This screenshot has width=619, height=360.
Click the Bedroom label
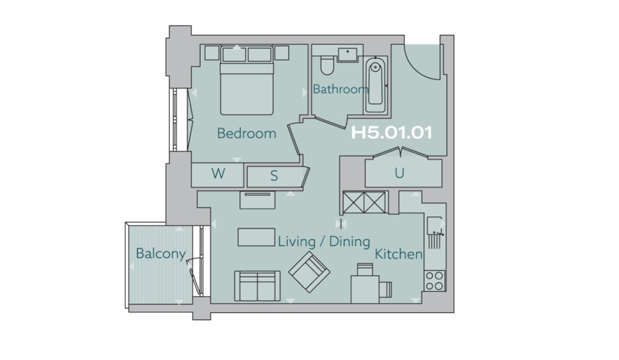click(247, 134)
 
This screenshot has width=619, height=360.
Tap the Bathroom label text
click(341, 89)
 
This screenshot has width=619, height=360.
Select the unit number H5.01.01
click(392, 133)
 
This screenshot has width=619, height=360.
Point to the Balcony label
click(161, 254)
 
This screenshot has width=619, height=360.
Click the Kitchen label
click(398, 254)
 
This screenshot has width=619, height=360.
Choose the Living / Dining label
click(324, 241)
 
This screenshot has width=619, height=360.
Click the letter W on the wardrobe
click(218, 173)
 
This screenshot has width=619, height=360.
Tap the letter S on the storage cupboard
click(274, 176)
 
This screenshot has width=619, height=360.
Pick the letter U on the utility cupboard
click(400, 173)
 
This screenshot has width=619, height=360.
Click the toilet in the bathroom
click(327, 66)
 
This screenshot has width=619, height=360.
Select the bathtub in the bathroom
click(376, 86)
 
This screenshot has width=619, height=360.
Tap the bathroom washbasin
click(347, 55)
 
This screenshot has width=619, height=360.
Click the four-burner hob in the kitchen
click(435, 281)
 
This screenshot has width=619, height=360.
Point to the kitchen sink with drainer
click(435, 233)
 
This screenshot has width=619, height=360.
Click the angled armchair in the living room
click(309, 272)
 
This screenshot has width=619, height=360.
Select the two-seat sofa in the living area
click(257, 286)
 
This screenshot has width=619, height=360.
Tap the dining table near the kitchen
click(365, 289)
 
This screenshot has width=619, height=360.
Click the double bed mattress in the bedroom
click(247, 88)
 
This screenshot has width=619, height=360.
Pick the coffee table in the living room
click(256, 237)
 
